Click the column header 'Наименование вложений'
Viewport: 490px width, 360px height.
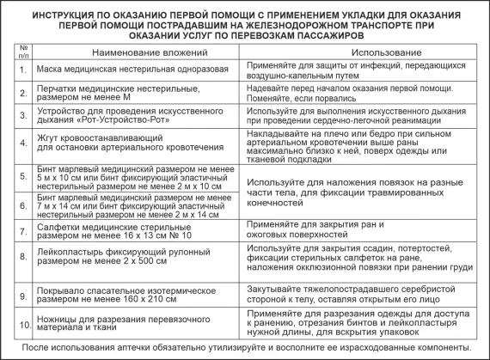128,52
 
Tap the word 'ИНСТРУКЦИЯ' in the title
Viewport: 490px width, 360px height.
71,14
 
